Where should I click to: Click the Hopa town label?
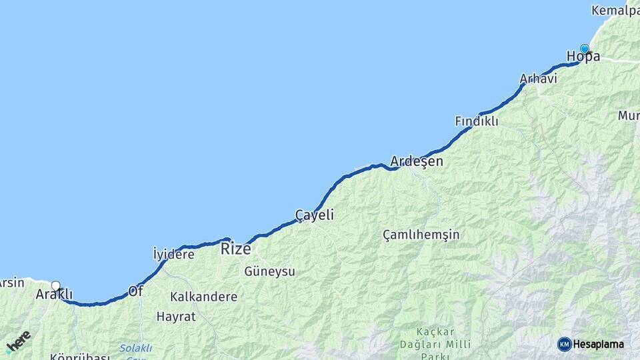tap(583, 57)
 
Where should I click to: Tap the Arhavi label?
tap(538, 79)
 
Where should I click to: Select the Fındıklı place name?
tap(476, 121)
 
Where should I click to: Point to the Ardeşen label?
tap(416, 161)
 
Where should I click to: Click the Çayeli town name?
tap(314, 215)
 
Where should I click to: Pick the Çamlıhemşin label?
tap(421, 235)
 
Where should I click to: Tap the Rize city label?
tap(236, 249)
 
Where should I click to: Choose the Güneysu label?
tap(269, 271)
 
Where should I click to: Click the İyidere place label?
tap(173, 254)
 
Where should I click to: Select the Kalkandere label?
tap(203, 297)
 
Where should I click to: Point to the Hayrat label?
tap(176, 317)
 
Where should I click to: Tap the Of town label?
tap(135, 291)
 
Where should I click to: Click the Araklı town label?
tap(54, 294)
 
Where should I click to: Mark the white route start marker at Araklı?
tap(56, 286)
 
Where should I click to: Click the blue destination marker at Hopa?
tap(585, 49)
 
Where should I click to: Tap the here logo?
tap(18, 342)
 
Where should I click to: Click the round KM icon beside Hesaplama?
tap(564, 344)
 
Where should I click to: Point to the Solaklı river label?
tap(136, 348)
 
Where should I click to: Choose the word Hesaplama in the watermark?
tap(599, 344)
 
